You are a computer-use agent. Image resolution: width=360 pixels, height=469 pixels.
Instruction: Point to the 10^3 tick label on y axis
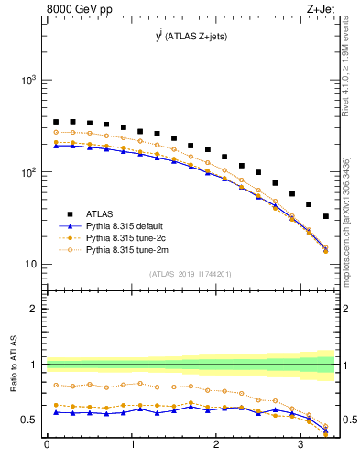[28, 81]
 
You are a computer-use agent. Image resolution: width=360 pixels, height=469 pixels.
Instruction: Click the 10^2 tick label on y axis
[28, 172]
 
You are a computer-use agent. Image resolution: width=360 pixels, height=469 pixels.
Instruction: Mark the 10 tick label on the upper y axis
[31, 265]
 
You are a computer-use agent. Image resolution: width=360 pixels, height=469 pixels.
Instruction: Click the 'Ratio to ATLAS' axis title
[11, 365]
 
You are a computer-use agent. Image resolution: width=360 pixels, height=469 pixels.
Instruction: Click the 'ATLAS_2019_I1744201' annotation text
[190, 274]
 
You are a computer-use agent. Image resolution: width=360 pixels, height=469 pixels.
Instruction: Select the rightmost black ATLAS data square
[326, 216]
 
